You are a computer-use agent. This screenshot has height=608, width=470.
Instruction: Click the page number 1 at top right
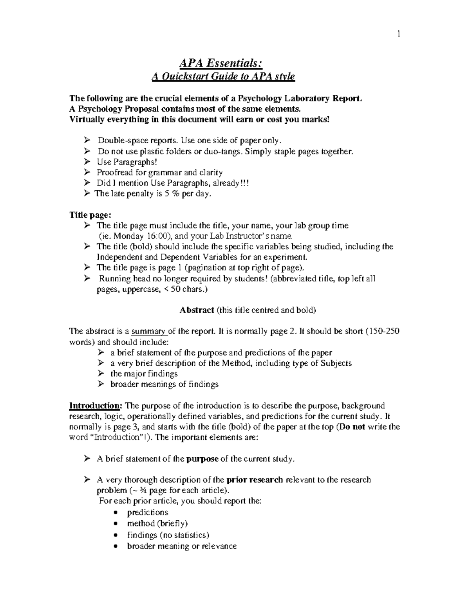398,34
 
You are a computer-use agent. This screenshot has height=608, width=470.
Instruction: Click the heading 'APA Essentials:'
223,63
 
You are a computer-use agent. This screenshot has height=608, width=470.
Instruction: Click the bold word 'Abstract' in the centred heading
197,310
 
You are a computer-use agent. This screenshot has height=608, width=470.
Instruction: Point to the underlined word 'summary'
149,331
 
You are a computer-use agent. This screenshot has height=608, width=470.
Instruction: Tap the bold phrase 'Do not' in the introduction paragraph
352,427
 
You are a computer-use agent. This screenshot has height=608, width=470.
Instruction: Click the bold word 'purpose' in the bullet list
202,459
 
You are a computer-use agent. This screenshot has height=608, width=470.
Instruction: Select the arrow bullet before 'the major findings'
101,373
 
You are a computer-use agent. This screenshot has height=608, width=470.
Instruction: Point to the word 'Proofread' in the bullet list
115,172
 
